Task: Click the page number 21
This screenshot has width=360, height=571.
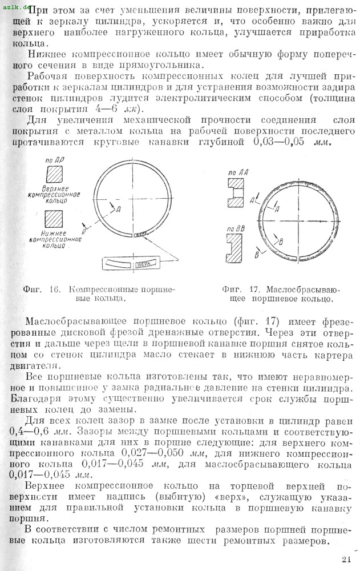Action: (x=347, y=559)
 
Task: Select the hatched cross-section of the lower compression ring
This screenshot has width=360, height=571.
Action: (x=55, y=219)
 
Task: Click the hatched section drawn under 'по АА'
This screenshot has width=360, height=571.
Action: (x=236, y=195)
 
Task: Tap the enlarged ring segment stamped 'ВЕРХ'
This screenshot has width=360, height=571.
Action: (x=132, y=264)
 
